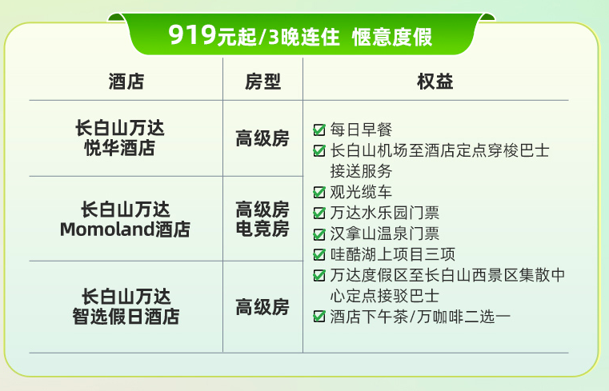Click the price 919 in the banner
(x=191, y=35)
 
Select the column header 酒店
(x=126, y=82)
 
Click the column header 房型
(x=262, y=82)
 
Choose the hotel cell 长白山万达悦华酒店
(x=126, y=138)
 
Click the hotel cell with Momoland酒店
(x=126, y=220)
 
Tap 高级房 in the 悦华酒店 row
(x=262, y=138)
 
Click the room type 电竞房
(x=262, y=229)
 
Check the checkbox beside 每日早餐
(x=319, y=130)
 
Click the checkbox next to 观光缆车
(x=319, y=192)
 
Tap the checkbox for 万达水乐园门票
(x=319, y=213)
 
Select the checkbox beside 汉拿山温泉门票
(x=319, y=234)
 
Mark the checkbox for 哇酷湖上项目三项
(x=319, y=255)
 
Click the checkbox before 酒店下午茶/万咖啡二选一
(x=319, y=317)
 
